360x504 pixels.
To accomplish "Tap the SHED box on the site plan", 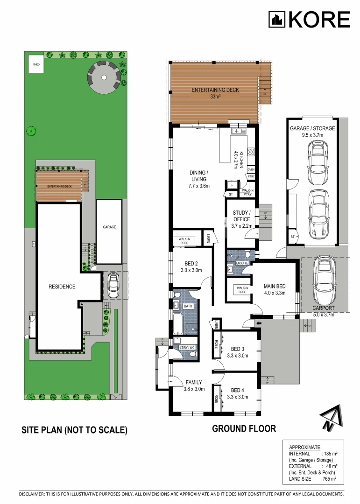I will [x=35, y=65].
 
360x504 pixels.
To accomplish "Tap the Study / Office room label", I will [x=241, y=219].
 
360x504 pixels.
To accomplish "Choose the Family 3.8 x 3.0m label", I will [x=194, y=385].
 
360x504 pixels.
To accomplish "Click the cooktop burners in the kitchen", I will [x=251, y=152].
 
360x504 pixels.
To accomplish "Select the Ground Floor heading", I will [x=244, y=428].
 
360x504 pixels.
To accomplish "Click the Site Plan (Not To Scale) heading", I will [x=74, y=430].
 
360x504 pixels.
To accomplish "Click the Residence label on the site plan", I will [x=62, y=287].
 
